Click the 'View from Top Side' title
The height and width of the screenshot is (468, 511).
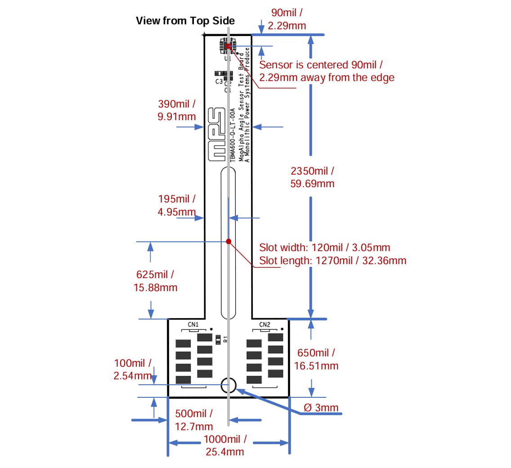(185, 20)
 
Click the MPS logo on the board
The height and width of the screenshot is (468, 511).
(216, 134)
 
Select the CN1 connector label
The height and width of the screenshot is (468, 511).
(193, 324)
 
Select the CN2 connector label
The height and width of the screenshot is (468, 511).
(264, 324)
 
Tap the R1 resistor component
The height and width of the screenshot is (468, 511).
(219, 339)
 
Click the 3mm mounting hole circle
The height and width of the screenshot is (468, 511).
(228, 386)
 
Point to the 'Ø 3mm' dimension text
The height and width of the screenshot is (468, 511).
(321, 408)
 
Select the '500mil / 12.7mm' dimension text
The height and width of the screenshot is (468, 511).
(194, 419)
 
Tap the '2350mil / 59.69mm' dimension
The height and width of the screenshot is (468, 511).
(313, 177)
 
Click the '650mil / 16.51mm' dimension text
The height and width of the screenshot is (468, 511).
(316, 359)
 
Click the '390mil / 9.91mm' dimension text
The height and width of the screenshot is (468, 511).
(177, 110)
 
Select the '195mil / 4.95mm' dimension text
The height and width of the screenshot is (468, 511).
(177, 205)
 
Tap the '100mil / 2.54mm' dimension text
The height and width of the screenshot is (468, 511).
(133, 369)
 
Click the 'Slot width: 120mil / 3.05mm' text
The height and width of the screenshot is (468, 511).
(324, 247)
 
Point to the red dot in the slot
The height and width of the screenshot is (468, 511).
(229, 242)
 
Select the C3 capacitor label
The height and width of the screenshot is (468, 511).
(219, 81)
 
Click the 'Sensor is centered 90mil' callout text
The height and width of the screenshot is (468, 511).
(322, 65)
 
